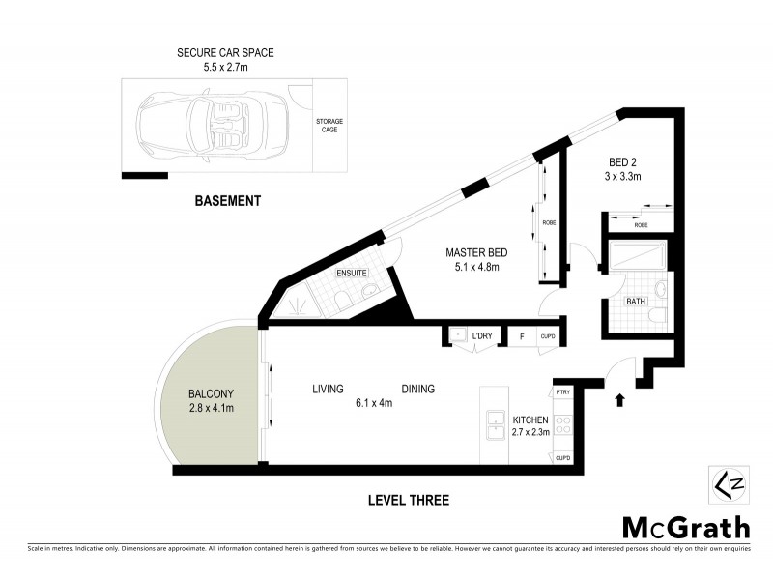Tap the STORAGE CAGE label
tap(329, 126)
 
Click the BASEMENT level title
tap(228, 201)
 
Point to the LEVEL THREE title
tap(408, 500)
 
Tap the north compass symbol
tap(725, 484)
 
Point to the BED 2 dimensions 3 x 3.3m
tap(623, 176)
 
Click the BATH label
tap(635, 302)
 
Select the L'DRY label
tap(482, 336)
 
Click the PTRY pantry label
tap(563, 391)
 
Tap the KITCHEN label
tap(530, 420)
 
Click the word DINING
tap(417, 389)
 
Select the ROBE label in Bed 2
tap(641, 223)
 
